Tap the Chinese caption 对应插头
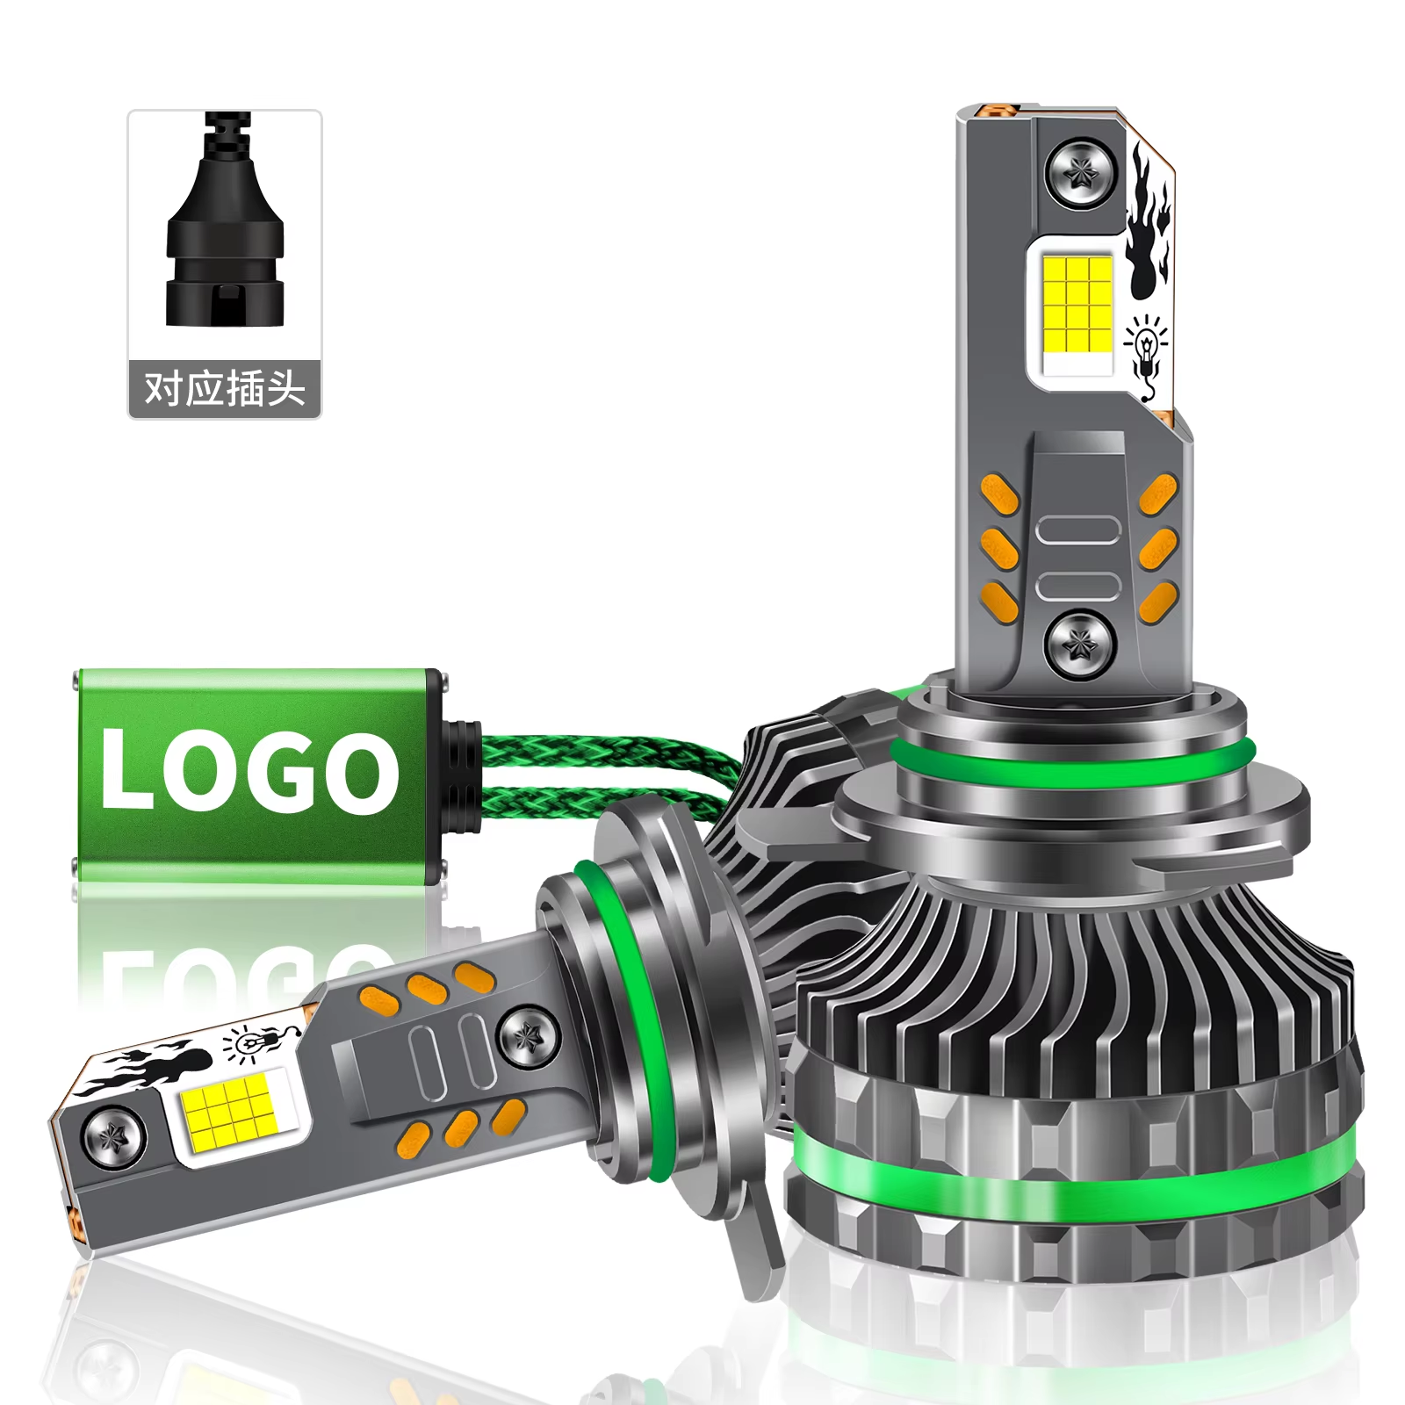pos(225,388)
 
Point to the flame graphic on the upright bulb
pos(1149,224)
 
